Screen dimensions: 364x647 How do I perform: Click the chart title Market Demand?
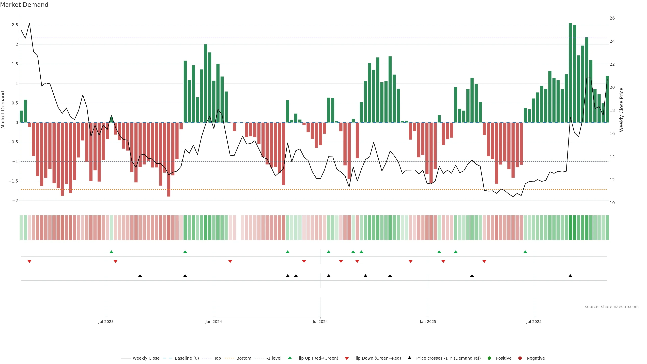point(24,5)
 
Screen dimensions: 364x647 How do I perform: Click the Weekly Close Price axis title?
point(621,110)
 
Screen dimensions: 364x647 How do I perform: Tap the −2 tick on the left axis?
point(15,201)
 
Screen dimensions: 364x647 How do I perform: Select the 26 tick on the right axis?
point(612,18)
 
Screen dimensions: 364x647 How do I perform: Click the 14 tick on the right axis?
point(612,157)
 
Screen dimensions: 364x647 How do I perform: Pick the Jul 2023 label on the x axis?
point(106,322)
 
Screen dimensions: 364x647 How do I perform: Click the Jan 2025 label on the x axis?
point(428,322)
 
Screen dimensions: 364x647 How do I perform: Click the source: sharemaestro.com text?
point(612,307)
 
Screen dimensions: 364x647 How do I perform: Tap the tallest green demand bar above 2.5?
point(570,73)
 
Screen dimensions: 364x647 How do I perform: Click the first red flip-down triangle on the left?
point(29,262)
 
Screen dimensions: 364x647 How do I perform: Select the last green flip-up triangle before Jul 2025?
point(525,252)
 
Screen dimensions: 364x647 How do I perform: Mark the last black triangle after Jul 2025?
point(570,276)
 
